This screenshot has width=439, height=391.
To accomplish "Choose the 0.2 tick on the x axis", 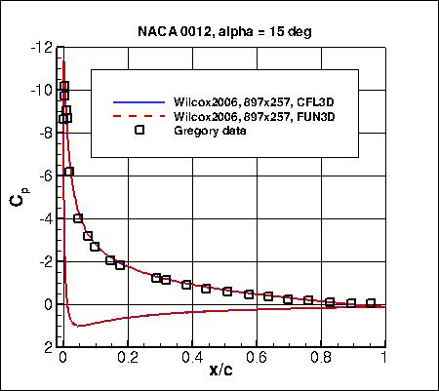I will coord(126,358).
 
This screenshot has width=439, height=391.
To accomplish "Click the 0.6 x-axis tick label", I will coord(256,358).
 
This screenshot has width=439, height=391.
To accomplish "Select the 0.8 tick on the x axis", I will coord(320,358).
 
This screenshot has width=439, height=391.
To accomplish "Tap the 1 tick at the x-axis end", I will coord(384,358).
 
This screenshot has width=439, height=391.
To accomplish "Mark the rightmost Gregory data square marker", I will coord(370,303).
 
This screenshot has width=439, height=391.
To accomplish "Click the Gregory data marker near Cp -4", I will coord(78,218).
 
